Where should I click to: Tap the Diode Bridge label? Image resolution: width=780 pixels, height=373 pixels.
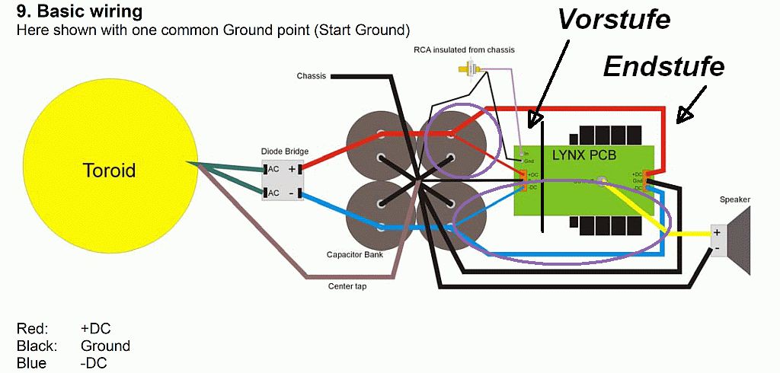coord(284,151)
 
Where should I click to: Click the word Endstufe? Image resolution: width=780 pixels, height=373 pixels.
coord(663,68)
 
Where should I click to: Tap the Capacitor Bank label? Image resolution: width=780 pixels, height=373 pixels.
coord(354,255)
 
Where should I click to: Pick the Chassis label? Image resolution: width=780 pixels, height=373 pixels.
coord(311,76)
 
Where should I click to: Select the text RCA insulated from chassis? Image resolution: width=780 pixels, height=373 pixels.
coord(463,50)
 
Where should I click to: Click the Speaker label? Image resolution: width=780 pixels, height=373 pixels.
coord(734,199)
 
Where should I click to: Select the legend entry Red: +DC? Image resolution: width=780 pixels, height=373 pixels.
coord(64,328)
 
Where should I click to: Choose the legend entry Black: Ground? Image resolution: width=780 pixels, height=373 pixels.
coord(73,346)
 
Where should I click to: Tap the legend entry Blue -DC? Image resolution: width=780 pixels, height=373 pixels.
coord(62,363)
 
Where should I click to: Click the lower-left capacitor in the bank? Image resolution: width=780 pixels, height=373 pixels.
coord(379,206)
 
